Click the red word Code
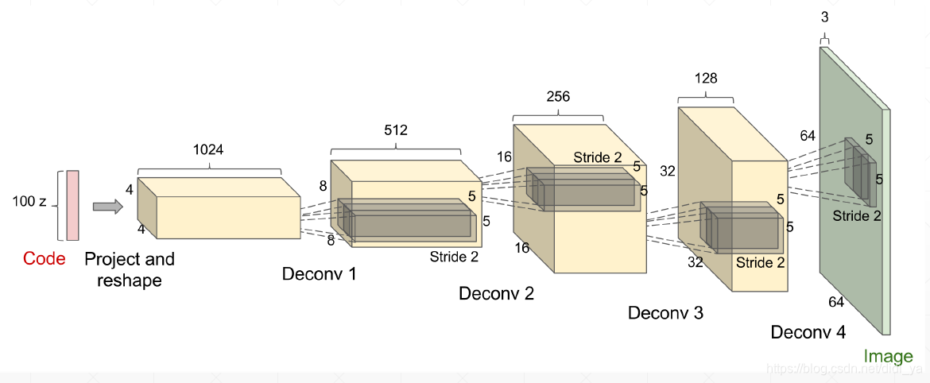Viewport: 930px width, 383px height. pyautogui.click(x=45, y=258)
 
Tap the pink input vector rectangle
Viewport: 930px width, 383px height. pyautogui.click(x=73, y=205)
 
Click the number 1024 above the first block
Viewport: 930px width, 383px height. pyautogui.click(x=209, y=149)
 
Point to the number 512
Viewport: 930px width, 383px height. pyautogui.click(x=396, y=130)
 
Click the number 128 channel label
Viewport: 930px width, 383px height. pyautogui.click(x=705, y=78)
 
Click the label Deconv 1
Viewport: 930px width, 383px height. pyautogui.click(x=320, y=275)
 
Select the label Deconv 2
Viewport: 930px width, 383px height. pyautogui.click(x=497, y=293)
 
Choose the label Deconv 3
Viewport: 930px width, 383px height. pyautogui.click(x=665, y=313)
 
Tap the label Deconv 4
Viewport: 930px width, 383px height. pyautogui.click(x=808, y=332)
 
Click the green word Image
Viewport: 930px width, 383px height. pyautogui.click(x=888, y=356)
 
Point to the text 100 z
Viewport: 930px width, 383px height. pyautogui.click(x=29, y=202)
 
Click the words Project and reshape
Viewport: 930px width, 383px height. pyautogui.click(x=129, y=269)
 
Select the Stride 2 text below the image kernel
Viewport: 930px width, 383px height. pyautogui.click(x=857, y=215)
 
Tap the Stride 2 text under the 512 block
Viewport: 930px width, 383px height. pyautogui.click(x=454, y=257)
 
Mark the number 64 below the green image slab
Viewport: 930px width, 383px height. pyautogui.click(x=836, y=302)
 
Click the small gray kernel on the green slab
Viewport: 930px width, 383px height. pyautogui.click(x=860, y=171)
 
